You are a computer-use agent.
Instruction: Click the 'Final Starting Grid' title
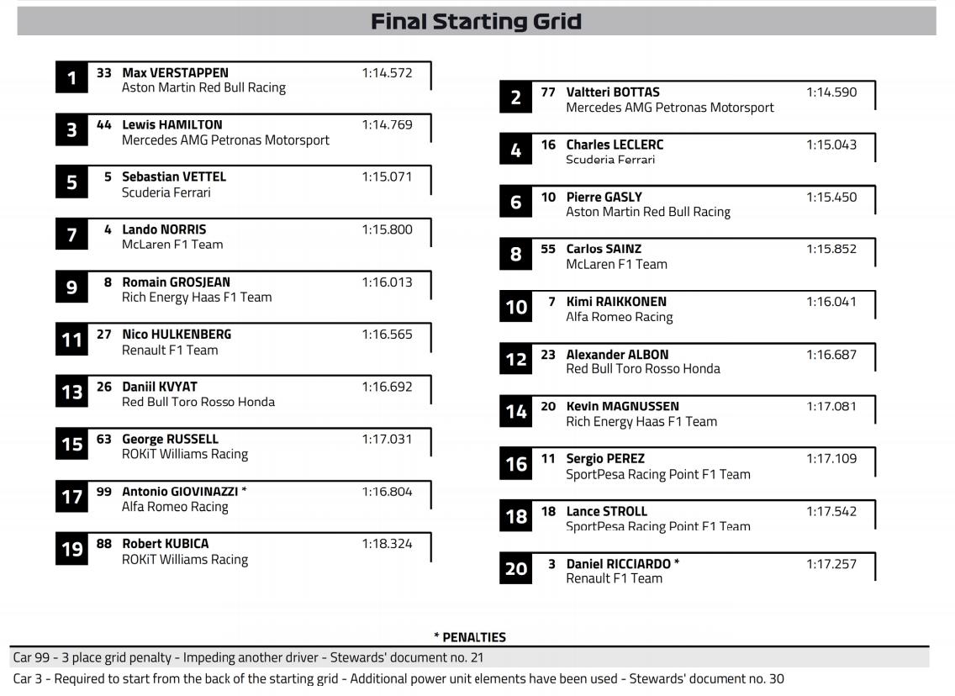coord(476,21)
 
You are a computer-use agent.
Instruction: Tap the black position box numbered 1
coord(71,78)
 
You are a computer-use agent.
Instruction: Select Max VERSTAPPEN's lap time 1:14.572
coord(387,73)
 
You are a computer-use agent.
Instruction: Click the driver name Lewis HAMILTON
coord(172,124)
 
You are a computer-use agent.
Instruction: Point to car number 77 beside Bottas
coord(548,92)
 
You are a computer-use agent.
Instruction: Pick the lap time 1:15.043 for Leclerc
coord(831,145)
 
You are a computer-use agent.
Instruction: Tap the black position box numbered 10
coord(515,307)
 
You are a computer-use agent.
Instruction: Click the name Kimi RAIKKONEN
coord(616,302)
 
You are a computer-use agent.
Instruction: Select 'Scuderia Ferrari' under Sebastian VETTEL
coord(166,192)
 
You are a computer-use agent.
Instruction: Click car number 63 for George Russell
coord(104,439)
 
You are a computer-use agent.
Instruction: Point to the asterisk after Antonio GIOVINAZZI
coord(244,491)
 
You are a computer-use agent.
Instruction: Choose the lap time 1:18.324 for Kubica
coord(387,544)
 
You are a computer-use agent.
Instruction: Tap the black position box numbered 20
coord(515,569)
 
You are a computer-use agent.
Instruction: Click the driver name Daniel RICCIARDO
coord(619,564)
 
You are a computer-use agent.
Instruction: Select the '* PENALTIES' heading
coord(470,637)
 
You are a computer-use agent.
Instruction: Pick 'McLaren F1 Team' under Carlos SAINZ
coord(616,264)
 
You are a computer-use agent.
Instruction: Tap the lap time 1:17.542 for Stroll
coord(831,511)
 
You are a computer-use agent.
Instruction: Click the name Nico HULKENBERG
coord(177,335)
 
